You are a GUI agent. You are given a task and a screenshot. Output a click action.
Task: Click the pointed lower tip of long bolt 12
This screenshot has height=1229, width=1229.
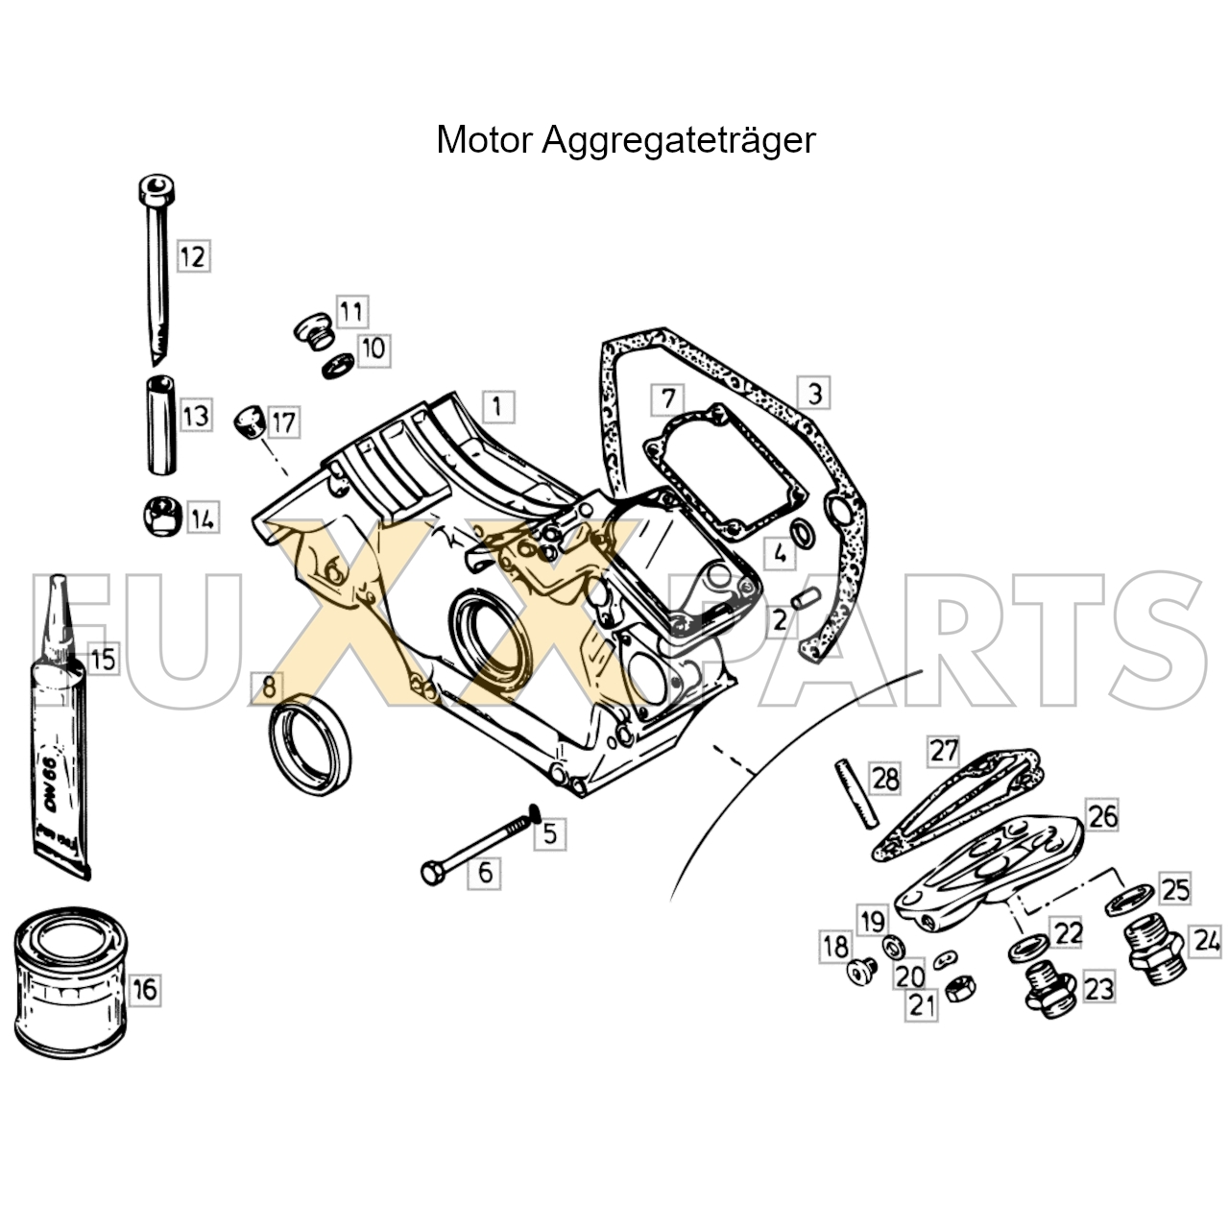point(155,366)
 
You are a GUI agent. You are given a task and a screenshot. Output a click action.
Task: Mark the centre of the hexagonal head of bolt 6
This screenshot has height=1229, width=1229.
point(432,873)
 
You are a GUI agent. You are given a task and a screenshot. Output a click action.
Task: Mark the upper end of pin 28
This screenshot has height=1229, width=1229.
point(840,763)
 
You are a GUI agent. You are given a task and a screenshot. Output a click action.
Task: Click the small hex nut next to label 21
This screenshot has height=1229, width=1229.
point(958,989)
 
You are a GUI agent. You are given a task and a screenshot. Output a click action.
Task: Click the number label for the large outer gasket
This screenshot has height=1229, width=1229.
point(814,394)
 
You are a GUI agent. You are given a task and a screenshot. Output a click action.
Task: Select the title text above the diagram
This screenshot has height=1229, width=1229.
point(626,140)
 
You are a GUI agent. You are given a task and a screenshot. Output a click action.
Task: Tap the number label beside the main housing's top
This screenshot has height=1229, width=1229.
point(498,405)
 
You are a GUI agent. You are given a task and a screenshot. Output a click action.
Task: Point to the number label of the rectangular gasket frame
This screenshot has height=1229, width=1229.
point(667,399)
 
